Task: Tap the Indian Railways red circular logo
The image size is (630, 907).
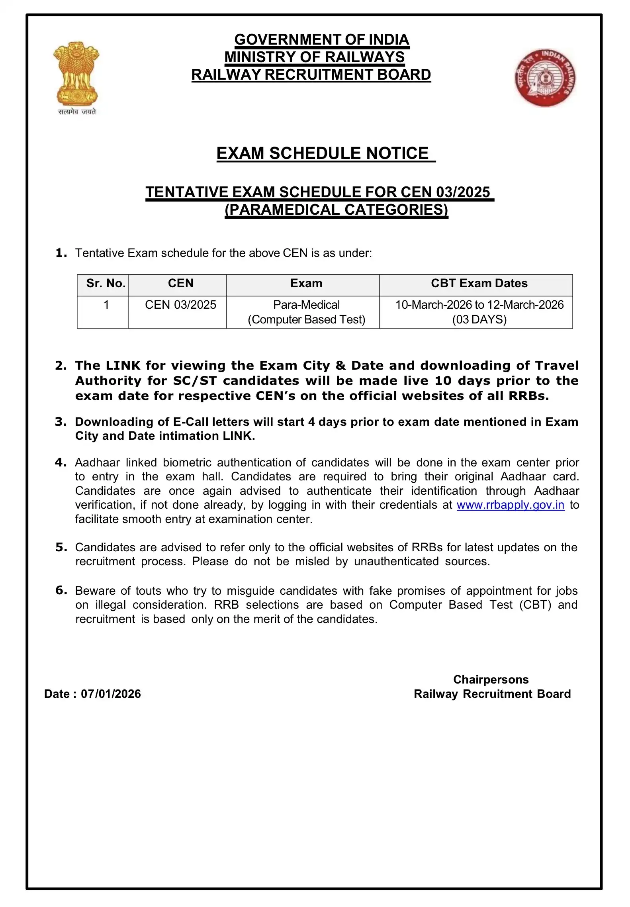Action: click(x=545, y=78)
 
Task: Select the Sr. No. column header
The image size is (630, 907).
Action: click(x=106, y=283)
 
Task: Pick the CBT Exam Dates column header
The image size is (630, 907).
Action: click(x=479, y=283)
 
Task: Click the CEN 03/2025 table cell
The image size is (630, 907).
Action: click(x=180, y=305)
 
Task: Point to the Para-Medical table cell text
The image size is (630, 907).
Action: click(x=306, y=305)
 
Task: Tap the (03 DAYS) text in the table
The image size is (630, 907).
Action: click(x=479, y=319)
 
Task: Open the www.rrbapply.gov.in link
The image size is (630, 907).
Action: click(x=511, y=505)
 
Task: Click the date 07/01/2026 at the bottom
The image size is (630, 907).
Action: click(x=111, y=694)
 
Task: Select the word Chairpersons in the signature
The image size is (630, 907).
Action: click(x=491, y=680)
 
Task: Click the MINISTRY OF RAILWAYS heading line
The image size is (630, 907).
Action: click(x=315, y=57)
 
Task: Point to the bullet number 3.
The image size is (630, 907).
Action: click(x=61, y=422)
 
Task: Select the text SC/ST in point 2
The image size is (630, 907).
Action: click(x=195, y=381)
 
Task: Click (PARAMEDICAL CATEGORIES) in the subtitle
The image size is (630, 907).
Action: click(x=337, y=210)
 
